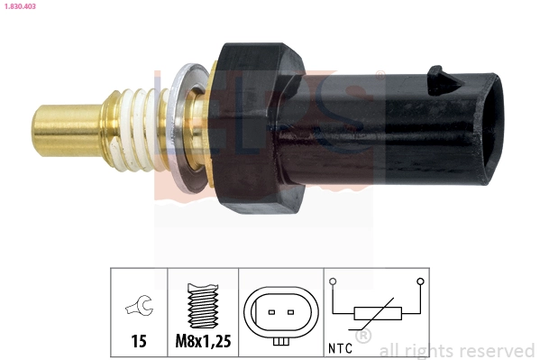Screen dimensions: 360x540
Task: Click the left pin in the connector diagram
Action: click(x=269, y=313)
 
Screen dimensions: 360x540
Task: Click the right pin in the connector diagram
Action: click(x=290, y=313)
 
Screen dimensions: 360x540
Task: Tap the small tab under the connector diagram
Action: click(x=279, y=341)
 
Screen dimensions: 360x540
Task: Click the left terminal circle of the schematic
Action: click(x=334, y=282)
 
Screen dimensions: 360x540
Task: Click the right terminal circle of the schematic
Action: click(x=420, y=282)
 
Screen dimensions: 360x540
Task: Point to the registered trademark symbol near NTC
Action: click(x=363, y=337)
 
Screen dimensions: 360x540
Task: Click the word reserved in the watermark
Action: click(x=496, y=350)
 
